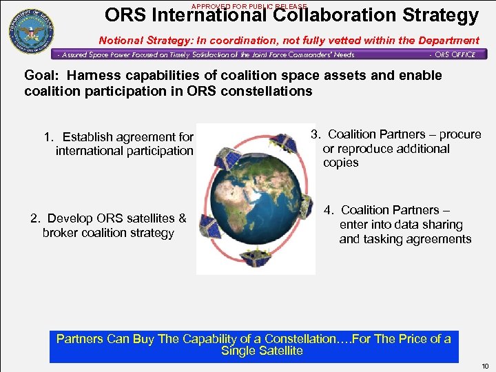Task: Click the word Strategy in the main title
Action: pyautogui.click(x=438, y=15)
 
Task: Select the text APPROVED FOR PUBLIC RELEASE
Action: pyautogui.click(x=249, y=6)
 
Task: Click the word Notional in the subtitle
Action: pyautogui.click(x=123, y=41)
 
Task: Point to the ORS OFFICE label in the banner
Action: pyautogui.click(x=453, y=54)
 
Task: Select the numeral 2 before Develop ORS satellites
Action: pyautogui.click(x=34, y=218)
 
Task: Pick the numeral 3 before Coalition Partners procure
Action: pyautogui.click(x=314, y=134)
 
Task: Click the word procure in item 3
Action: pyautogui.click(x=460, y=134)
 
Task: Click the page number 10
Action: pyautogui.click(x=486, y=365)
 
